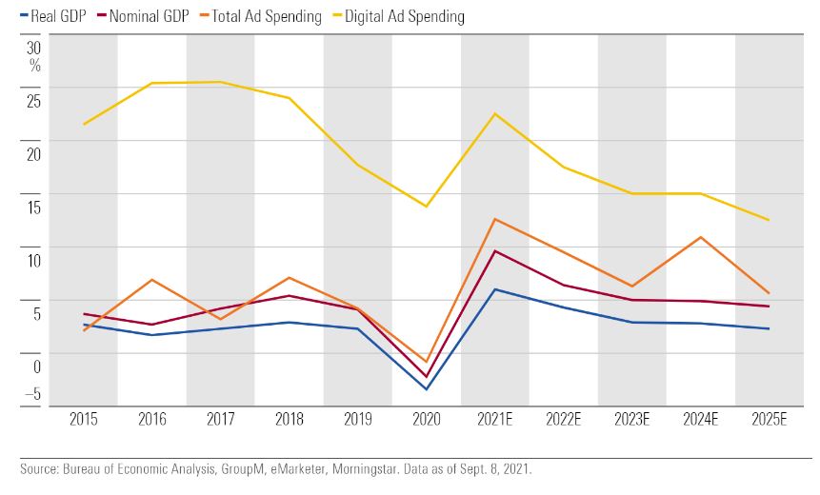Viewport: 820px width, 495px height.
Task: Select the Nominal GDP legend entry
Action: tap(149, 17)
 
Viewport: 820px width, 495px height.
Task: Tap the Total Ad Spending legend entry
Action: tap(263, 17)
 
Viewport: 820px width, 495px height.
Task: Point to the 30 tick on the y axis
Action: tap(34, 48)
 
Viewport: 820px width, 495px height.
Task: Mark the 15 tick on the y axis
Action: tap(34, 207)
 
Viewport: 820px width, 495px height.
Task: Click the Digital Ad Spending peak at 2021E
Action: tap(494, 113)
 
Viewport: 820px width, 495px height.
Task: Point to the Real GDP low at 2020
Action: tap(426, 389)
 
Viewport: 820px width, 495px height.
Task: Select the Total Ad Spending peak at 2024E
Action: tap(701, 237)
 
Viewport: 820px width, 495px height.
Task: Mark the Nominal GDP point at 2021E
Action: tap(494, 250)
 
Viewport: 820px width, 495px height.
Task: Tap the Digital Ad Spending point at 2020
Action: tap(426, 207)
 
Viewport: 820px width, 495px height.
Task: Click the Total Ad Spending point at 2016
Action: tap(152, 280)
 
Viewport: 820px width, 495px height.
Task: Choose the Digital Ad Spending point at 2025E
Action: tap(769, 220)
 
